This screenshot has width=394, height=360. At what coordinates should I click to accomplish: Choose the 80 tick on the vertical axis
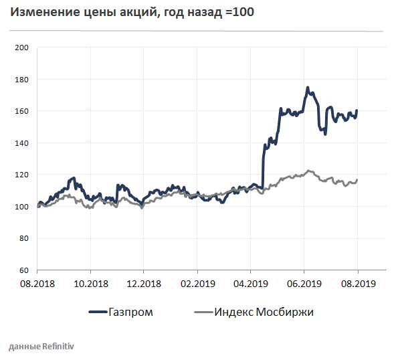[x=23, y=238]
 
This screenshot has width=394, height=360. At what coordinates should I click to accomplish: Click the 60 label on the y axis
[x=23, y=270]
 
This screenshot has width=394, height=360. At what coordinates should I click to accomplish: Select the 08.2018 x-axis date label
[x=37, y=284]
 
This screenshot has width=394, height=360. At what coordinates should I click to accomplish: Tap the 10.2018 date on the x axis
[x=90, y=284]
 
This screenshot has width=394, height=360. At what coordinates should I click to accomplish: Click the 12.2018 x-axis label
[x=144, y=284]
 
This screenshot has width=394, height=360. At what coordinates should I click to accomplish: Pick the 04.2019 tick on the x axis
[x=250, y=284]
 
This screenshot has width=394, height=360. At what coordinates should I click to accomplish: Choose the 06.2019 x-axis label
[x=304, y=284]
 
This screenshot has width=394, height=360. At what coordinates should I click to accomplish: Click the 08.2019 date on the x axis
[x=357, y=284]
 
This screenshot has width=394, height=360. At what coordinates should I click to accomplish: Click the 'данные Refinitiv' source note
[x=41, y=347]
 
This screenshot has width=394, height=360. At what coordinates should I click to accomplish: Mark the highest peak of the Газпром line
[x=307, y=88]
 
